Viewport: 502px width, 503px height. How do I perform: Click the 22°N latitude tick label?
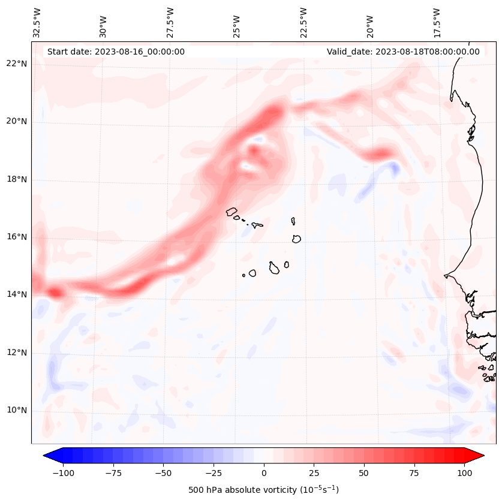coord(17,64)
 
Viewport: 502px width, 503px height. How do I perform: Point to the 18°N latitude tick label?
coord(17,179)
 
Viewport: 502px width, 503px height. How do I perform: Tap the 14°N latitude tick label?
coord(17,294)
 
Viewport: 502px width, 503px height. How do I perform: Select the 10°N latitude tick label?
coord(17,411)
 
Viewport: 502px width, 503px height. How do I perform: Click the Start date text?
coord(116,52)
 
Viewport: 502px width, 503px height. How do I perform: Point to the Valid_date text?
coord(403,52)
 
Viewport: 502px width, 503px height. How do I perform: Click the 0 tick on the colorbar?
coord(264,473)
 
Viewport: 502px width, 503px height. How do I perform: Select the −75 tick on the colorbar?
coord(113,473)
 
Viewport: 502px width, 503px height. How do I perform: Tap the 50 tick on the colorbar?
coord(363,473)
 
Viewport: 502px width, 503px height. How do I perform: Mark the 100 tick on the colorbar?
coord(464,473)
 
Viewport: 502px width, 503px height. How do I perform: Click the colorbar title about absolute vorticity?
coord(264,490)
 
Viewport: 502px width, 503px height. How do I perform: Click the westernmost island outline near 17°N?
coord(232,211)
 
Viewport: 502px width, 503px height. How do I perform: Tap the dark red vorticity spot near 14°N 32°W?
coord(55,293)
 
